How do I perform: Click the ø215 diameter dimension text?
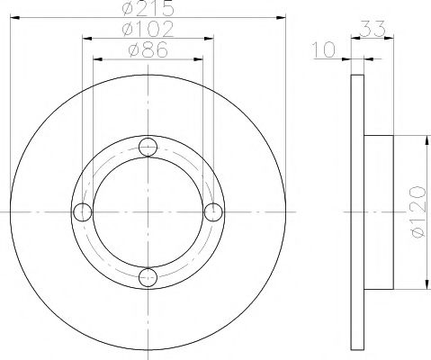point(148,9)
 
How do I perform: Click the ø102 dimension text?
point(148,29)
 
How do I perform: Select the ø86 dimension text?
point(148,50)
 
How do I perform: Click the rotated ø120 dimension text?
point(416,213)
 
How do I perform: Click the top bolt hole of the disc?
point(148,147)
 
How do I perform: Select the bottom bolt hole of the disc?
point(148,276)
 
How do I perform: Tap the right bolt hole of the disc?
point(213,211)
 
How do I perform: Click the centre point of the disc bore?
point(148,211)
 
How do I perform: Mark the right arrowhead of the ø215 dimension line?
point(283,16)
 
